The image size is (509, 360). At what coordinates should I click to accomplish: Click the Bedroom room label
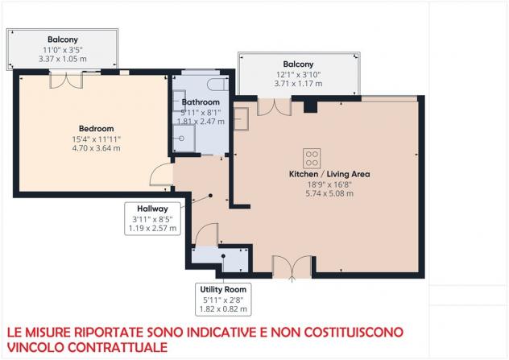[97, 129]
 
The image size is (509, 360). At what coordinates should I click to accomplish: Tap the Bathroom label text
[201, 102]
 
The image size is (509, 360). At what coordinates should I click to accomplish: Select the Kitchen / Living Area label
[329, 174]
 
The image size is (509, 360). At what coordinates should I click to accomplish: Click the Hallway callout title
[152, 209]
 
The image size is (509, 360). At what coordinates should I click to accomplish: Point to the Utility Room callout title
[223, 289]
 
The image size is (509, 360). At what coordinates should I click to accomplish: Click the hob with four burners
[312, 158]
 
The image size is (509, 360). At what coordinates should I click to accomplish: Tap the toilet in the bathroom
[217, 85]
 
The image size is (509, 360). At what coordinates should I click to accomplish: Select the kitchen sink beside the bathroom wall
[242, 119]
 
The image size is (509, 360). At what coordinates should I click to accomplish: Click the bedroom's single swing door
[162, 175]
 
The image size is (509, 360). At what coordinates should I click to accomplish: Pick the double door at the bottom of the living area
[292, 267]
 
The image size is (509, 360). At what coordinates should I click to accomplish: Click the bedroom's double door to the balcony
[66, 81]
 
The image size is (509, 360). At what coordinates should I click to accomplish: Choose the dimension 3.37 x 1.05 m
[63, 59]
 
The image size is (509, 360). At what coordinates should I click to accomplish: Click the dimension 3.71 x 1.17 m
[298, 84]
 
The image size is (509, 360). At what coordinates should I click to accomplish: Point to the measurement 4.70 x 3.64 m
[97, 148]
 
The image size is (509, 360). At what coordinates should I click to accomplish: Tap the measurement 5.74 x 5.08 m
[329, 193]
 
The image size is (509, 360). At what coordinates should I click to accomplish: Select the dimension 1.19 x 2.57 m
[152, 228]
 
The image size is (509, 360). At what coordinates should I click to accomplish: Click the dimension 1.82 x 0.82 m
[223, 309]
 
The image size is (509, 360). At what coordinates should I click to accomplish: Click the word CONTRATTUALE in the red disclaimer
[118, 347]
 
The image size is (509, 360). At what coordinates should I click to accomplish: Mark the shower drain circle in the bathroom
[182, 139]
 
